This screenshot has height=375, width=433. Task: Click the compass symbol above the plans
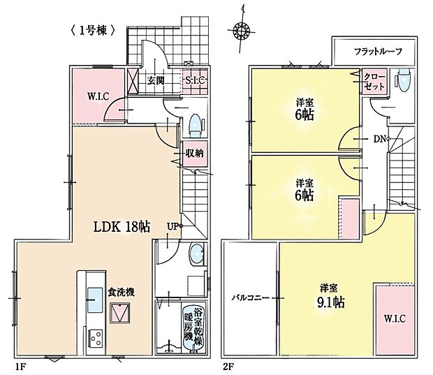pos(242,30)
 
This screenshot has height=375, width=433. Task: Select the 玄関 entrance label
pos(156,80)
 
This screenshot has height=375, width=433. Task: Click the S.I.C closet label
pos(193,80)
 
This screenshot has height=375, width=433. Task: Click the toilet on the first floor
pos(195,124)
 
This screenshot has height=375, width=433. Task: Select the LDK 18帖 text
pos(122,226)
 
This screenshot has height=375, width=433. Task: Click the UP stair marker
pos(173,226)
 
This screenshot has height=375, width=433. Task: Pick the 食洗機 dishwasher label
pos(121,293)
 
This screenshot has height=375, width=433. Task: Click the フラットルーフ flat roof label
pos(376,52)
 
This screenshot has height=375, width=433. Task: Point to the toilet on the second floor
pos(402,80)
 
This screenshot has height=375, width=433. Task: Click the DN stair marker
pos(380,138)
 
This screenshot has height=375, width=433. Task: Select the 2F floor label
pos(228,365)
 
